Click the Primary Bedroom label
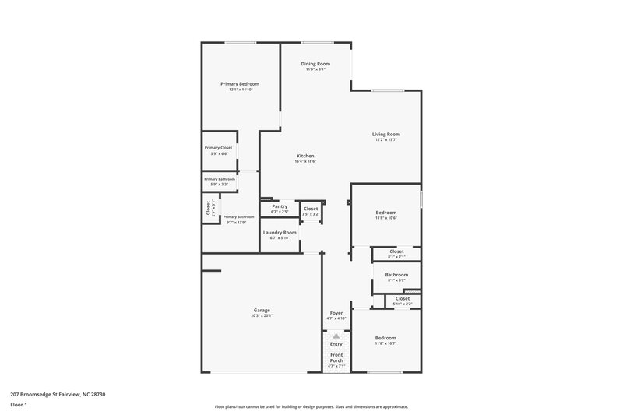pyautogui.click(x=240, y=83)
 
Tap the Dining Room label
pyautogui.click(x=316, y=63)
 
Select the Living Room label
pyautogui.click(x=386, y=134)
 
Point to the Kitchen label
pyautogui.click(x=305, y=156)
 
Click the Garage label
pyautogui.click(x=262, y=310)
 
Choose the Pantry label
pyautogui.click(x=280, y=206)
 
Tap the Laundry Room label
pyautogui.click(x=280, y=232)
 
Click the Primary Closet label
pyautogui.click(x=218, y=147)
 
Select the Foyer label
pyautogui.click(x=336, y=312)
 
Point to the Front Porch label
pyautogui.click(x=336, y=357)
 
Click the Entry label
pyautogui.click(x=336, y=343)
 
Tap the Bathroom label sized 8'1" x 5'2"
pyautogui.click(x=396, y=274)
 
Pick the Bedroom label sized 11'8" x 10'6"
pyautogui.click(x=386, y=212)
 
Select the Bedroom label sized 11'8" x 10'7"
pyautogui.click(x=386, y=338)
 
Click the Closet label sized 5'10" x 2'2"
pyautogui.click(x=403, y=298)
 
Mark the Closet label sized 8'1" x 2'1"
pyautogui.click(x=396, y=251)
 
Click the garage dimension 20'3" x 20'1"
pyautogui.click(x=262, y=316)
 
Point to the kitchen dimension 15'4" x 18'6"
pyautogui.click(x=305, y=161)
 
